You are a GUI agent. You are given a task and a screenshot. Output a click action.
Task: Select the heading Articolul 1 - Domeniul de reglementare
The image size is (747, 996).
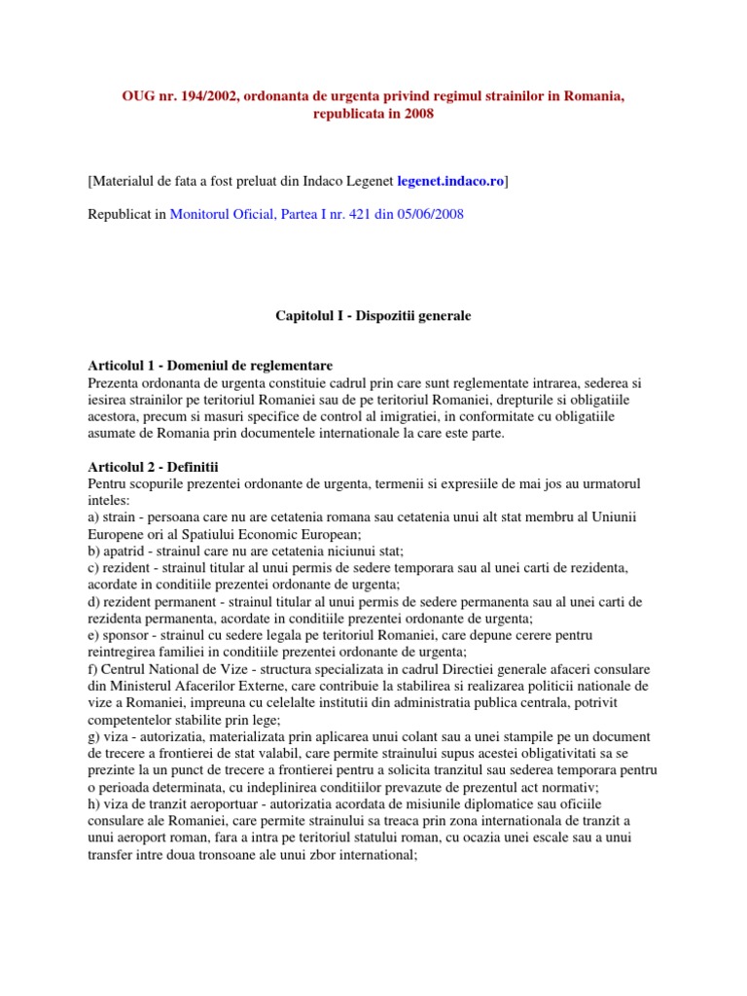coord(210,366)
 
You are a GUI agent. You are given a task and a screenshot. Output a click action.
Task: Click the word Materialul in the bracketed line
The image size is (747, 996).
coord(130,181)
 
